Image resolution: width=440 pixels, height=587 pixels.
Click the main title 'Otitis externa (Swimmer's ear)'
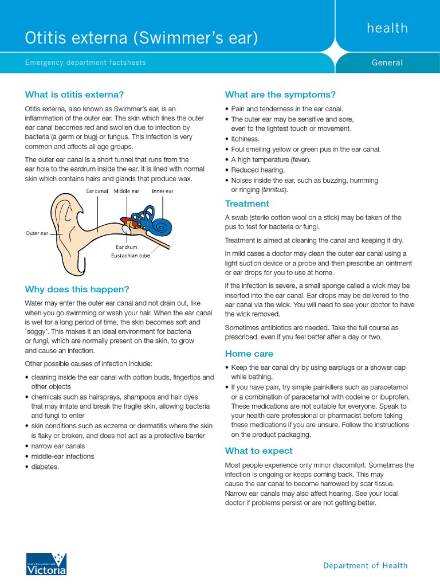[141, 38]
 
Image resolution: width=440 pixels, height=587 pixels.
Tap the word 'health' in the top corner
[388, 28]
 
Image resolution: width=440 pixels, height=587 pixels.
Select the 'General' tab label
[387, 62]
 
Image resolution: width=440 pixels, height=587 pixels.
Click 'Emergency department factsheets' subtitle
[85, 62]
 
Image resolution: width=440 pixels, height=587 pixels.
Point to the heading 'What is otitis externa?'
[74, 95]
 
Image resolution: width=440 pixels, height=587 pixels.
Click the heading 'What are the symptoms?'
[280, 95]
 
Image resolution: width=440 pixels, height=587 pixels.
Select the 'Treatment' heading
[247, 204]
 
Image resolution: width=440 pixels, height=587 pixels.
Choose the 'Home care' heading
[249, 354]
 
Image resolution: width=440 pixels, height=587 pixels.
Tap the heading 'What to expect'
[258, 451]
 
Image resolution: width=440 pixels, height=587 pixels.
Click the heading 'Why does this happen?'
[77, 288]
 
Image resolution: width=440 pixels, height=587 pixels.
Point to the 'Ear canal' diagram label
[97, 191]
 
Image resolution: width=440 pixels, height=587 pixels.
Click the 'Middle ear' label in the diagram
[127, 191]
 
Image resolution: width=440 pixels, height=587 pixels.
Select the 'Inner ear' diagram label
[163, 191]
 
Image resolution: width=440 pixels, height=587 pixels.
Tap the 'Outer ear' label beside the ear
[37, 233]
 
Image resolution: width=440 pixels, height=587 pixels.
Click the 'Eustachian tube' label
[130, 256]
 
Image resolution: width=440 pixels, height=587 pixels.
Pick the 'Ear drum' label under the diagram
[127, 247]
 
